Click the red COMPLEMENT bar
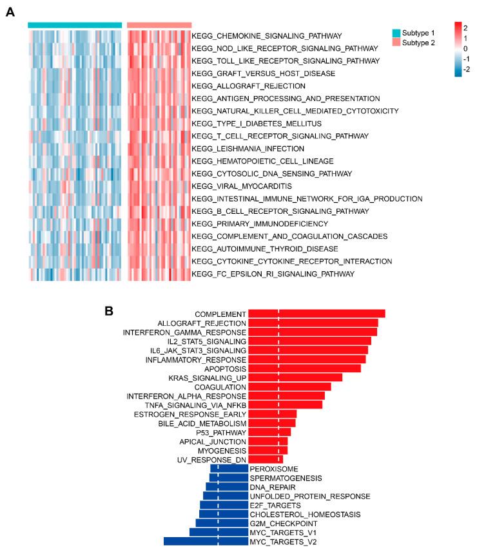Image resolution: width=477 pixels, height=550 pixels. pyautogui.click(x=316, y=314)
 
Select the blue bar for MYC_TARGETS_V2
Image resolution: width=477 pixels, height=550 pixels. pyautogui.click(x=206, y=542)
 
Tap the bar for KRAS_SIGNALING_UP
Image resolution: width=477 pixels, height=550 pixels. pyautogui.click(x=295, y=377)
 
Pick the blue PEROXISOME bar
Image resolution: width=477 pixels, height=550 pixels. pyautogui.click(x=231, y=469)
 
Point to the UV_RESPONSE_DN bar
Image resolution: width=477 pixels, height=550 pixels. pyautogui.click(x=266, y=460)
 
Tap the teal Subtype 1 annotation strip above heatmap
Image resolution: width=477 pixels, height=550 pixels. pyautogui.click(x=75, y=25)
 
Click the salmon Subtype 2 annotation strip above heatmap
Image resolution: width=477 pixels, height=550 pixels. pyautogui.click(x=159, y=25)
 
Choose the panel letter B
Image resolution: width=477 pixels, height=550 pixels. pyautogui.click(x=110, y=310)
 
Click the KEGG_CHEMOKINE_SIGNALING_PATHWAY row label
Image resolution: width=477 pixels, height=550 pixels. pyautogui.click(x=267, y=35)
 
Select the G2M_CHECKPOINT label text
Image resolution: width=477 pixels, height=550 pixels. pyautogui.click(x=278, y=524)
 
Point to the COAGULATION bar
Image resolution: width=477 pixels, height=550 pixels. pyautogui.click(x=289, y=386)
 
